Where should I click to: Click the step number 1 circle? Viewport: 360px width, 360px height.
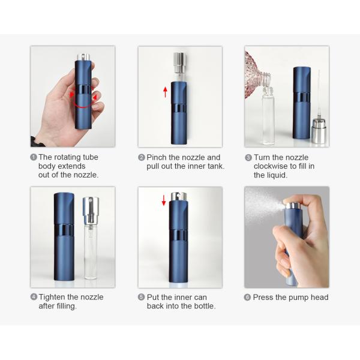(34, 157)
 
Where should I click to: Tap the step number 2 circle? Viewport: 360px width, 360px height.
(142, 157)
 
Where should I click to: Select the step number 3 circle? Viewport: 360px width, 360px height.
(248, 158)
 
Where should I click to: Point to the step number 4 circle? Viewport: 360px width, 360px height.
(34, 297)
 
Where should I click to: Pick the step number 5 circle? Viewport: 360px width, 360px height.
(141, 297)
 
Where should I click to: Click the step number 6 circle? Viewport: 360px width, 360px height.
(247, 298)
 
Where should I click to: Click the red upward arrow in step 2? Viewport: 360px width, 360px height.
(166, 92)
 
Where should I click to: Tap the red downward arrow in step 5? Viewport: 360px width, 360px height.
(164, 200)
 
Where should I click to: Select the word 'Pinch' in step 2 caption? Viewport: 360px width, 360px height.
(157, 157)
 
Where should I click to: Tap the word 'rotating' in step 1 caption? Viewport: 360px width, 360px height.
(67, 157)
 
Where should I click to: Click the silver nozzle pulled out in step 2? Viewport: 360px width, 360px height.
(180, 62)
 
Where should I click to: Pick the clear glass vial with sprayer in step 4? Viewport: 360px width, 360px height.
(91, 238)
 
